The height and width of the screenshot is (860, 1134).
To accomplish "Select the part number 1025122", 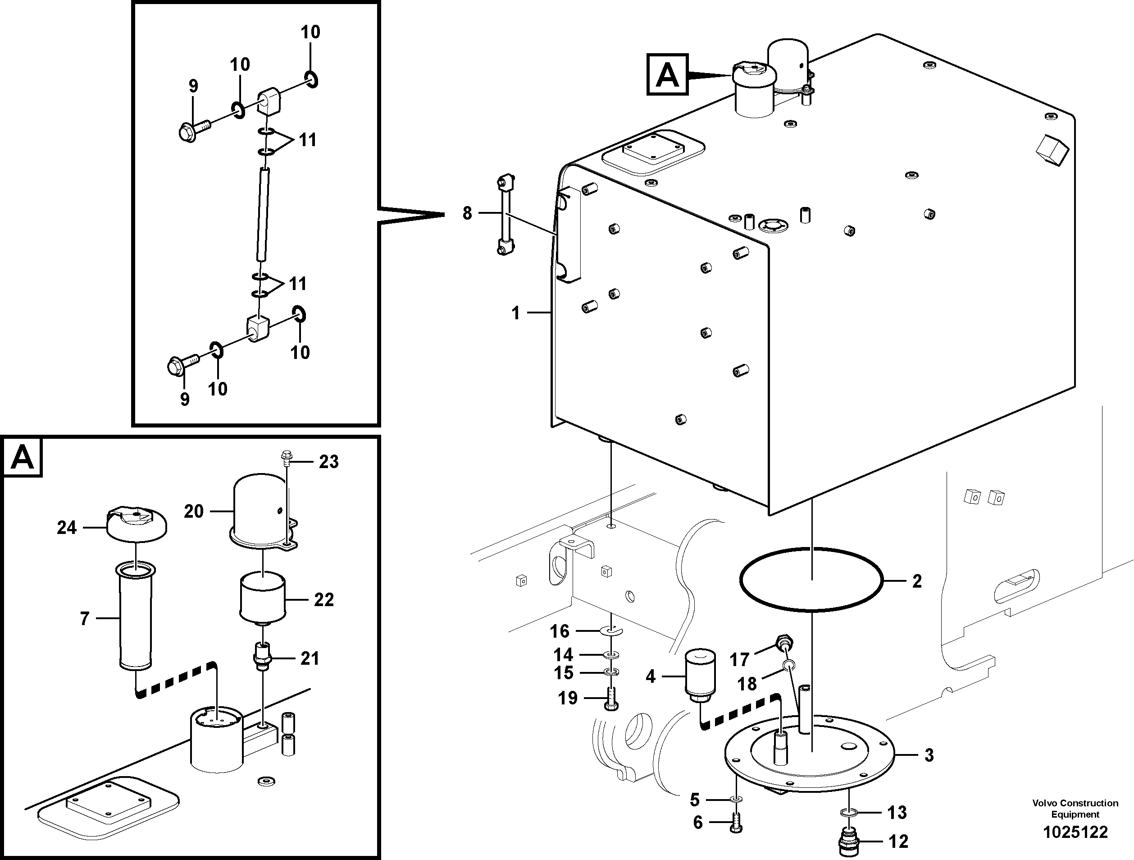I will point(1075,832).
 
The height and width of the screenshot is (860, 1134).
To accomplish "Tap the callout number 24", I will point(67,528).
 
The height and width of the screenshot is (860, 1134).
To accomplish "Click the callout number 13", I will point(897,812).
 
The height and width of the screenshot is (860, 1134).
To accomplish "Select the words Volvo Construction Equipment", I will point(1075,808).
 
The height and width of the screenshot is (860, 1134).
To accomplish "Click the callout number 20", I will point(194,511).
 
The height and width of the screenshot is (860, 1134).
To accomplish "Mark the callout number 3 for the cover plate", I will point(929,755).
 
